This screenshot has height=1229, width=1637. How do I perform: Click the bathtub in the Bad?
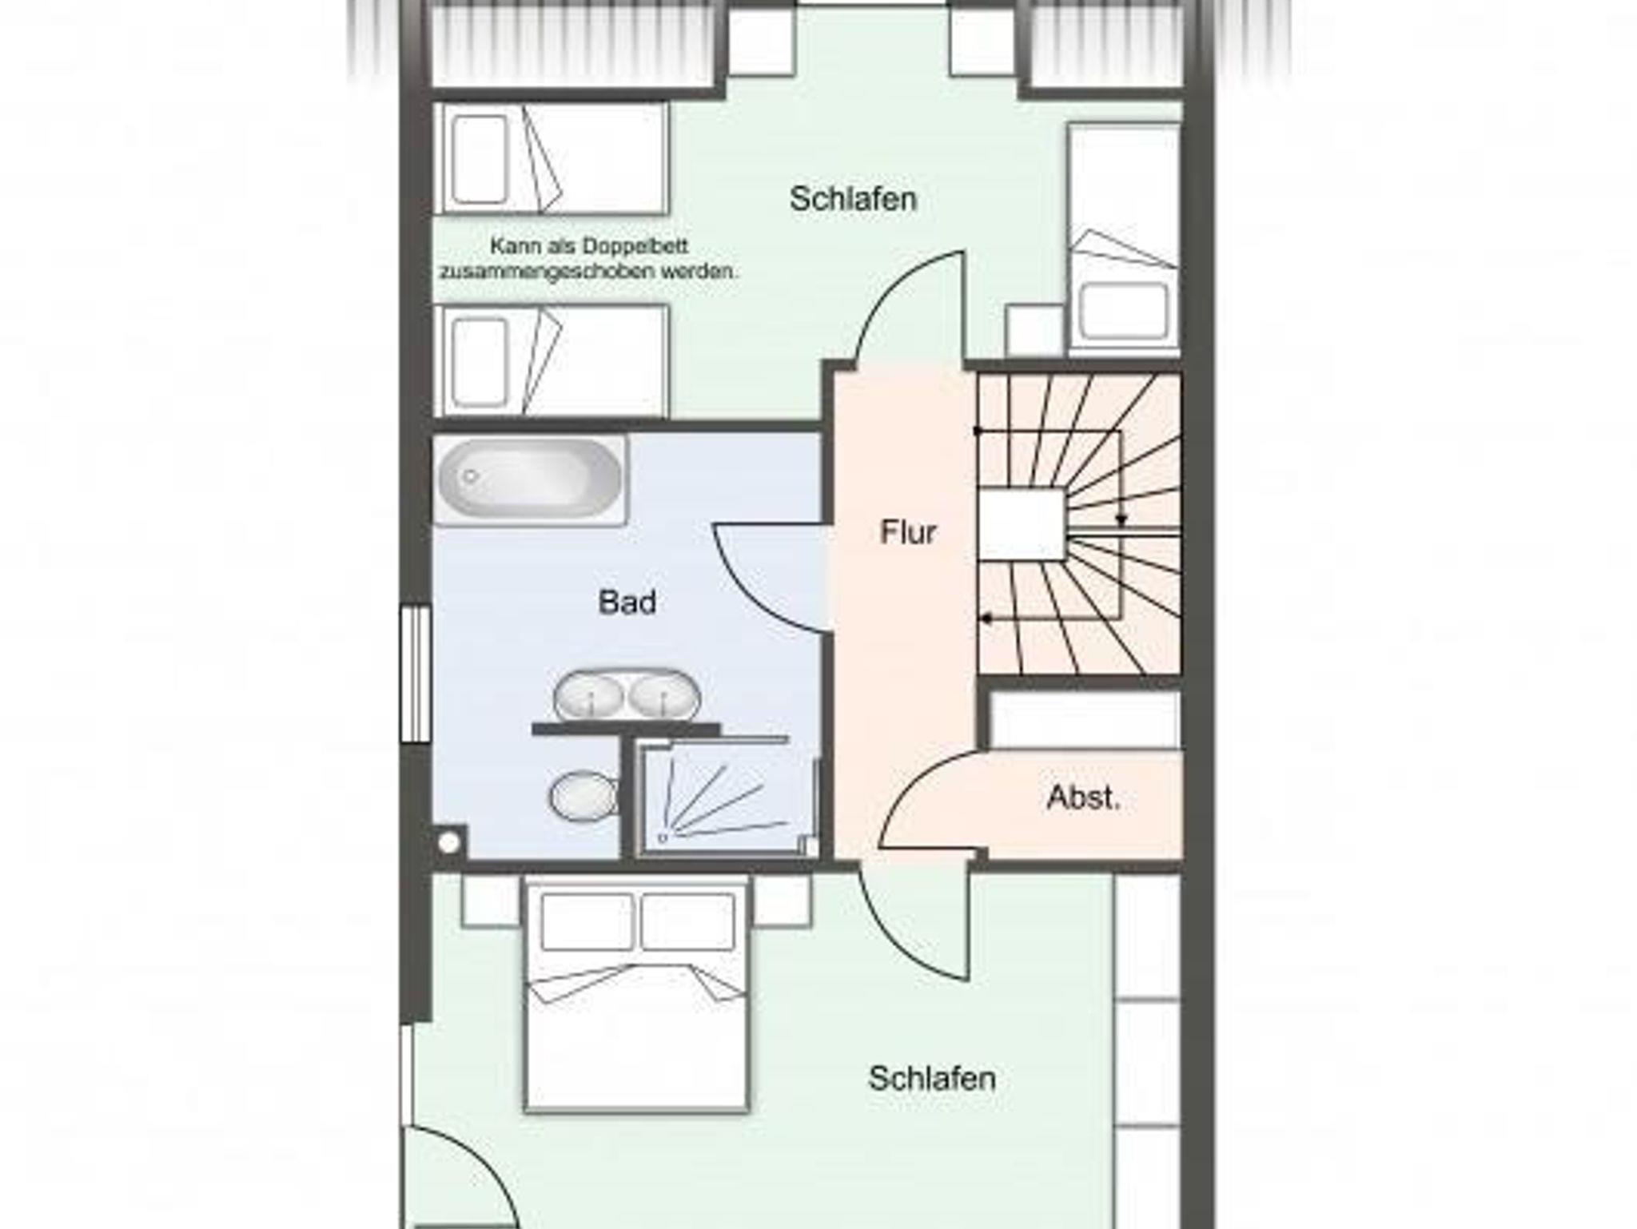tap(530, 479)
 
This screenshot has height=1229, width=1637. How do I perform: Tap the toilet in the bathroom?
tap(584, 796)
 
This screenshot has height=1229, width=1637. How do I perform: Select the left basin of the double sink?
tap(589, 695)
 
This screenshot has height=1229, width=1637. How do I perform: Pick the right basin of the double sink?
tap(664, 694)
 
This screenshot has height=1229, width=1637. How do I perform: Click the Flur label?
tap(908, 532)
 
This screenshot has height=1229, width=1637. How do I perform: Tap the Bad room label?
tap(627, 602)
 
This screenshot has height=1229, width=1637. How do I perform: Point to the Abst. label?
tap(1083, 797)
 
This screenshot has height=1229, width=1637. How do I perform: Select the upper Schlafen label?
tap(853, 199)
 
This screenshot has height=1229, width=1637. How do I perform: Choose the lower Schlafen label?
tap(932, 1079)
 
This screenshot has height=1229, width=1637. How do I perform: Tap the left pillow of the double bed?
tap(587, 921)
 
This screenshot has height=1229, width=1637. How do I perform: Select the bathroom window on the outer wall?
tap(416, 674)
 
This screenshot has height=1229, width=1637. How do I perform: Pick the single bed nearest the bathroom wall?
tap(551, 360)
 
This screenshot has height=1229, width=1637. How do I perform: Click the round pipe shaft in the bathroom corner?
tap(449, 841)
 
